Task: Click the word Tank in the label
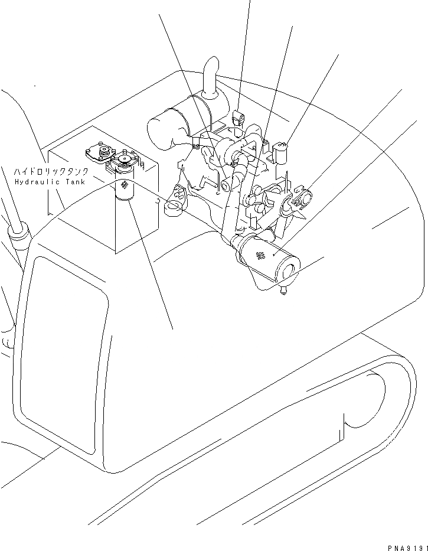point(75,182)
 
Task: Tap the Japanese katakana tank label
point(51,171)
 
